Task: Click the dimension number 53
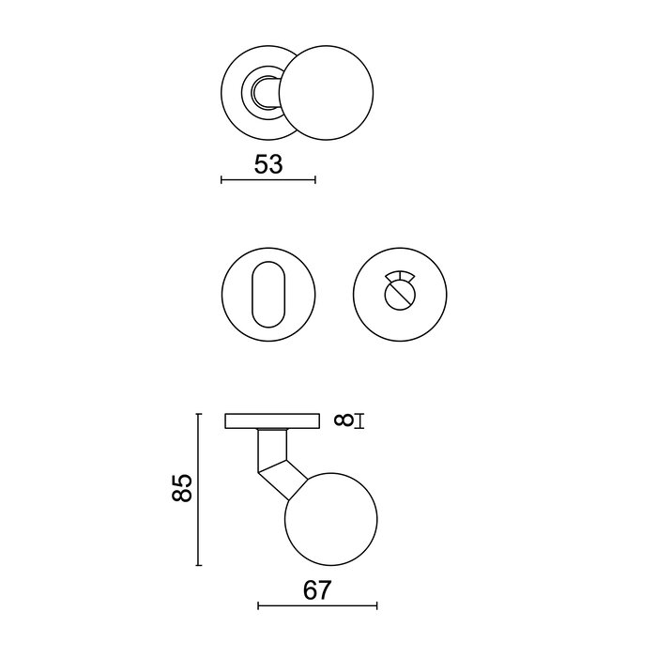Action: (268, 164)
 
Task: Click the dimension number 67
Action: (317, 590)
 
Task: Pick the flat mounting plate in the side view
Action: (272, 421)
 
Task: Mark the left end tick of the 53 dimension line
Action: (221, 179)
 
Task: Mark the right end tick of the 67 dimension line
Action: (376, 605)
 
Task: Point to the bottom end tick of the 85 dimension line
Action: (198, 565)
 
